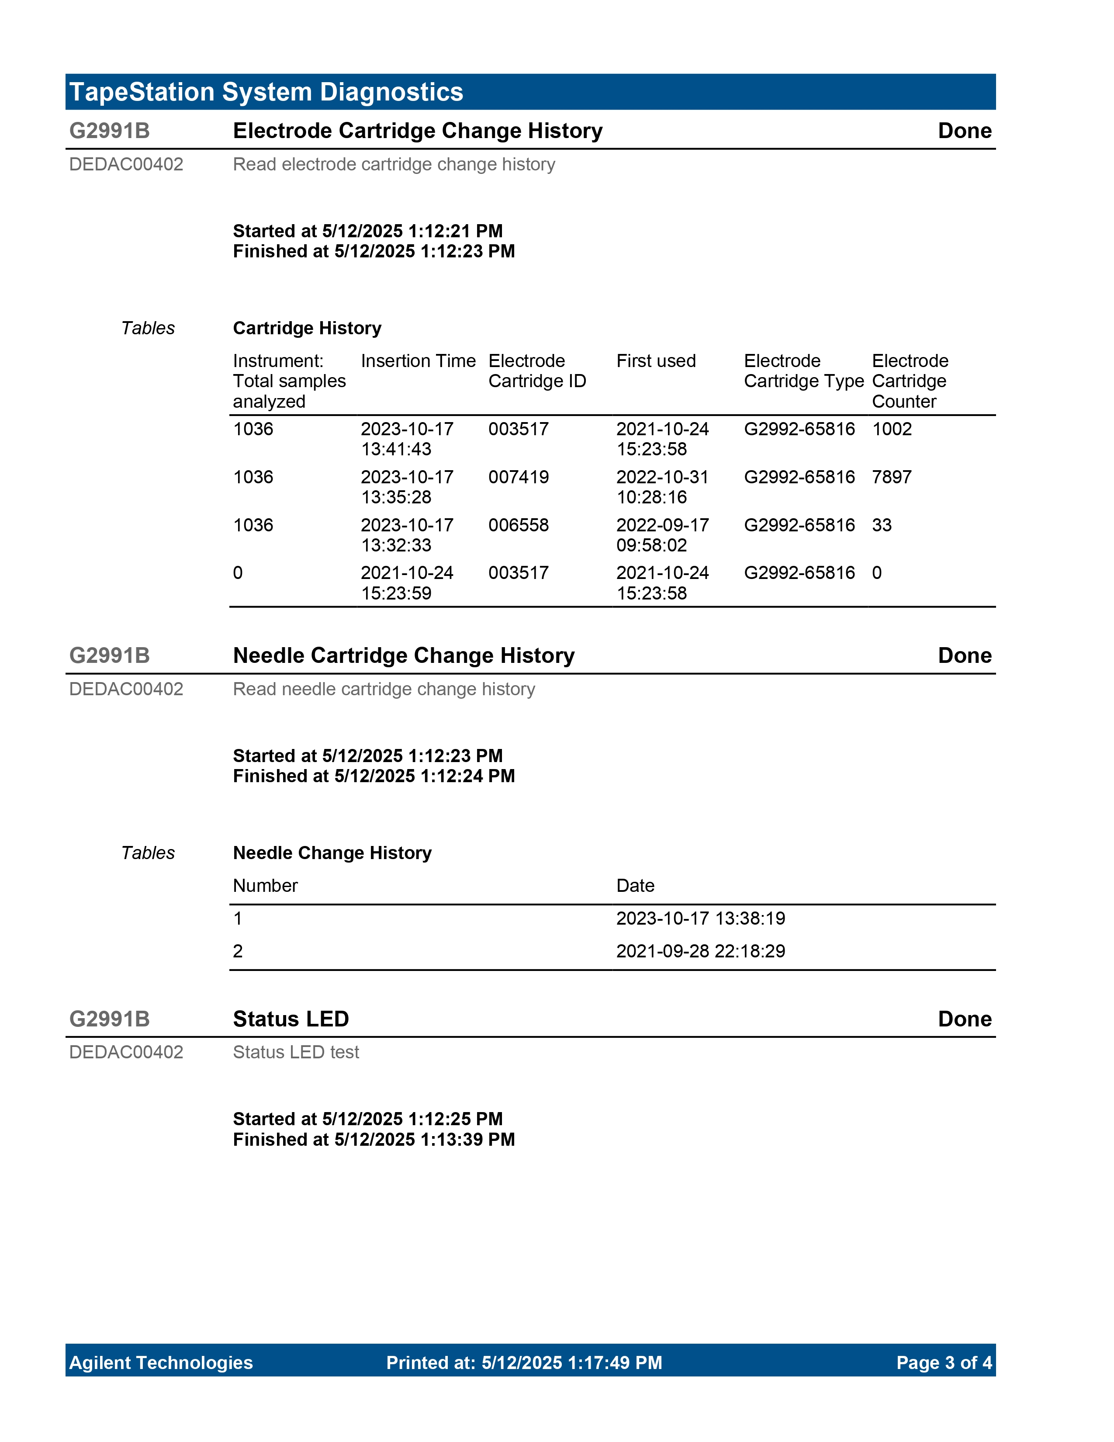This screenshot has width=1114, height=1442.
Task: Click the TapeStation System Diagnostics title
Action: click(x=266, y=92)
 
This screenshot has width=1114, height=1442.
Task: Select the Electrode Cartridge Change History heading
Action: click(x=417, y=131)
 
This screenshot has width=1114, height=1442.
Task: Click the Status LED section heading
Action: click(x=291, y=1019)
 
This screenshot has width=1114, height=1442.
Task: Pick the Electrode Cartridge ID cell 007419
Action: click(x=518, y=477)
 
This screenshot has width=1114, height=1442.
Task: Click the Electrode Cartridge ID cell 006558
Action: click(x=518, y=525)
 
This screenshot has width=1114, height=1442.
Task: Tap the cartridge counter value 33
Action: click(x=881, y=525)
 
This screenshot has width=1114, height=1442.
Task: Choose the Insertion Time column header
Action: click(x=418, y=361)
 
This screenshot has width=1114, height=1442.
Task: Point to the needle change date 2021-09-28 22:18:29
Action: click(x=700, y=951)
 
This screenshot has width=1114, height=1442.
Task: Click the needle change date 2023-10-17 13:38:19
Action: click(x=700, y=919)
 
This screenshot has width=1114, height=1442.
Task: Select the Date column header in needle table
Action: click(x=635, y=885)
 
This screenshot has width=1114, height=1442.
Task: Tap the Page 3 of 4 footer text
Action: click(x=943, y=1363)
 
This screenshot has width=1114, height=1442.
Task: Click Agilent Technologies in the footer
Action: click(x=161, y=1363)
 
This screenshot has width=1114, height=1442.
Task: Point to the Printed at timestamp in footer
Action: click(x=524, y=1363)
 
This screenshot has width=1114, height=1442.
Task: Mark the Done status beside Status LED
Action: click(x=964, y=1019)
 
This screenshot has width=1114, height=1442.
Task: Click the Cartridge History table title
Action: click(x=307, y=328)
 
